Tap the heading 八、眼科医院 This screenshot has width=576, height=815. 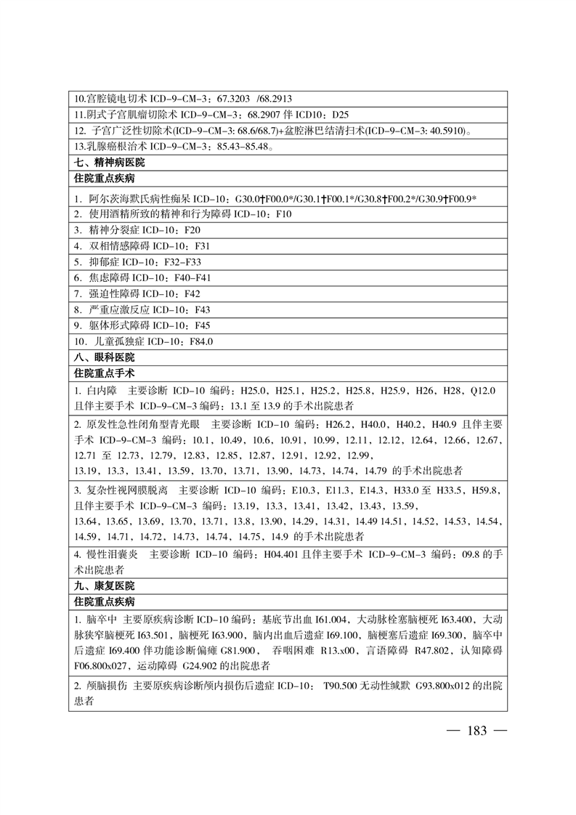[104, 357]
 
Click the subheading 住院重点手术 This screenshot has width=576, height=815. [104, 373]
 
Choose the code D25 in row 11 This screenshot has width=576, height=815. [340, 114]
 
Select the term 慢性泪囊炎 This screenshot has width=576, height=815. [110, 554]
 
